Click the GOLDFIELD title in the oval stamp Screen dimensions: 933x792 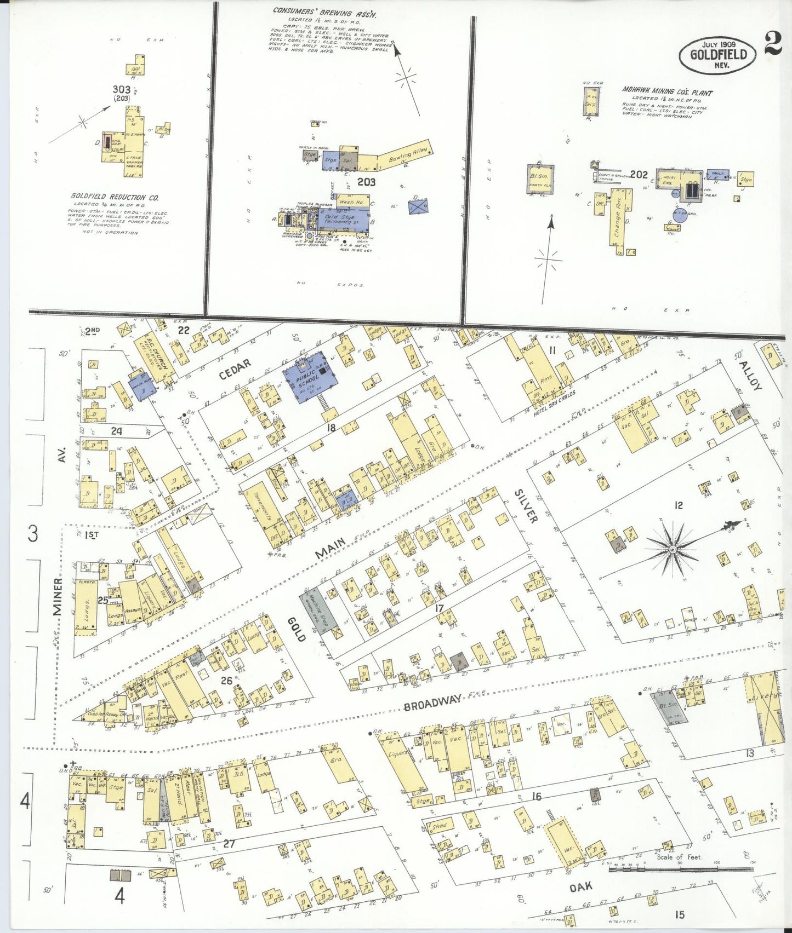pyautogui.click(x=717, y=55)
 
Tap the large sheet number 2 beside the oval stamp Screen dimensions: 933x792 pyautogui.click(x=772, y=44)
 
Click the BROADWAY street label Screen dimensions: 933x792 pyautogui.click(x=432, y=704)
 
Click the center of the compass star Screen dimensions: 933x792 pyautogui.click(x=673, y=548)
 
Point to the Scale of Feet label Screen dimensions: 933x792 pyautogui.click(x=679, y=857)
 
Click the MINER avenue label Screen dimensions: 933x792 pyautogui.click(x=58, y=596)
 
